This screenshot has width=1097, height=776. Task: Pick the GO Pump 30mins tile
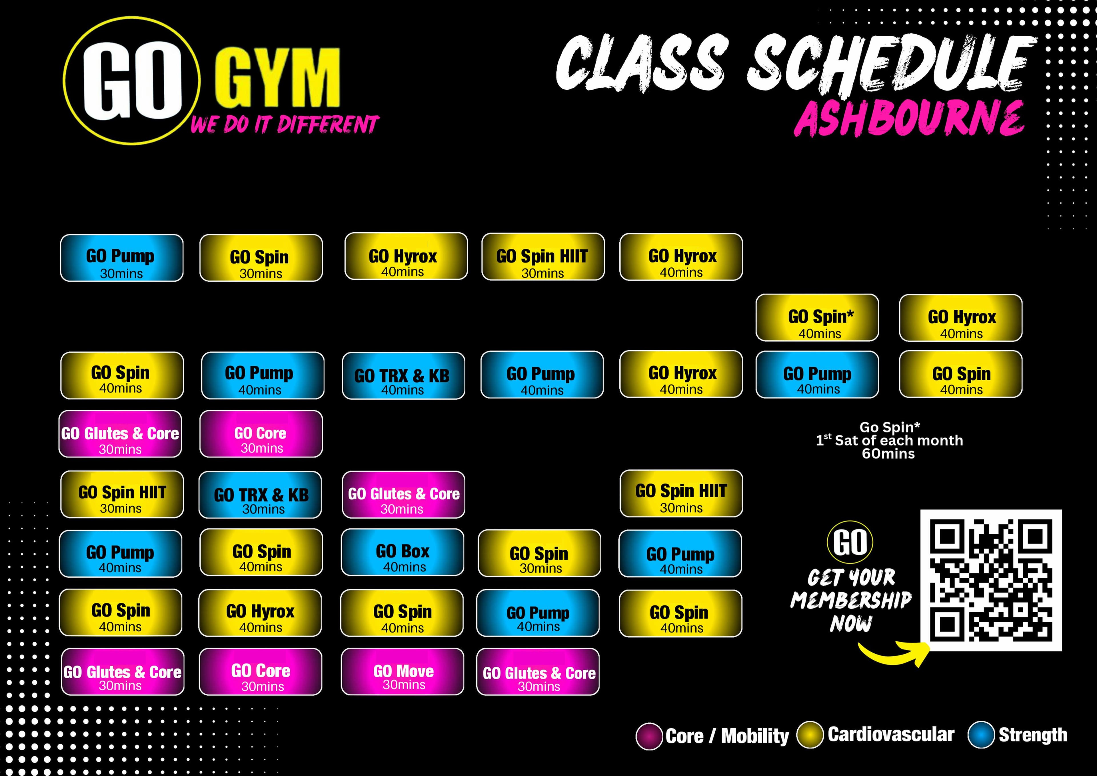pyautogui.click(x=121, y=258)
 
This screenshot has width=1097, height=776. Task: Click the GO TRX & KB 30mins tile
pyautogui.click(x=260, y=495)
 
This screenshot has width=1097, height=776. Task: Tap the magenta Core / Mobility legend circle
pyautogui.click(x=649, y=736)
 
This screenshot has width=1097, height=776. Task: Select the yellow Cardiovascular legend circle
pyautogui.click(x=810, y=735)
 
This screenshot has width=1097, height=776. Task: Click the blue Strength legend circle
pyautogui.click(x=981, y=735)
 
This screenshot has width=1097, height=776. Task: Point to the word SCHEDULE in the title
pyautogui.click(x=891, y=63)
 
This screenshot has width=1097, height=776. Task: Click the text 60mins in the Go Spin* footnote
pyautogui.click(x=888, y=454)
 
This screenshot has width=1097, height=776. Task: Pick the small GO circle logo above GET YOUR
pyautogui.click(x=850, y=543)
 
